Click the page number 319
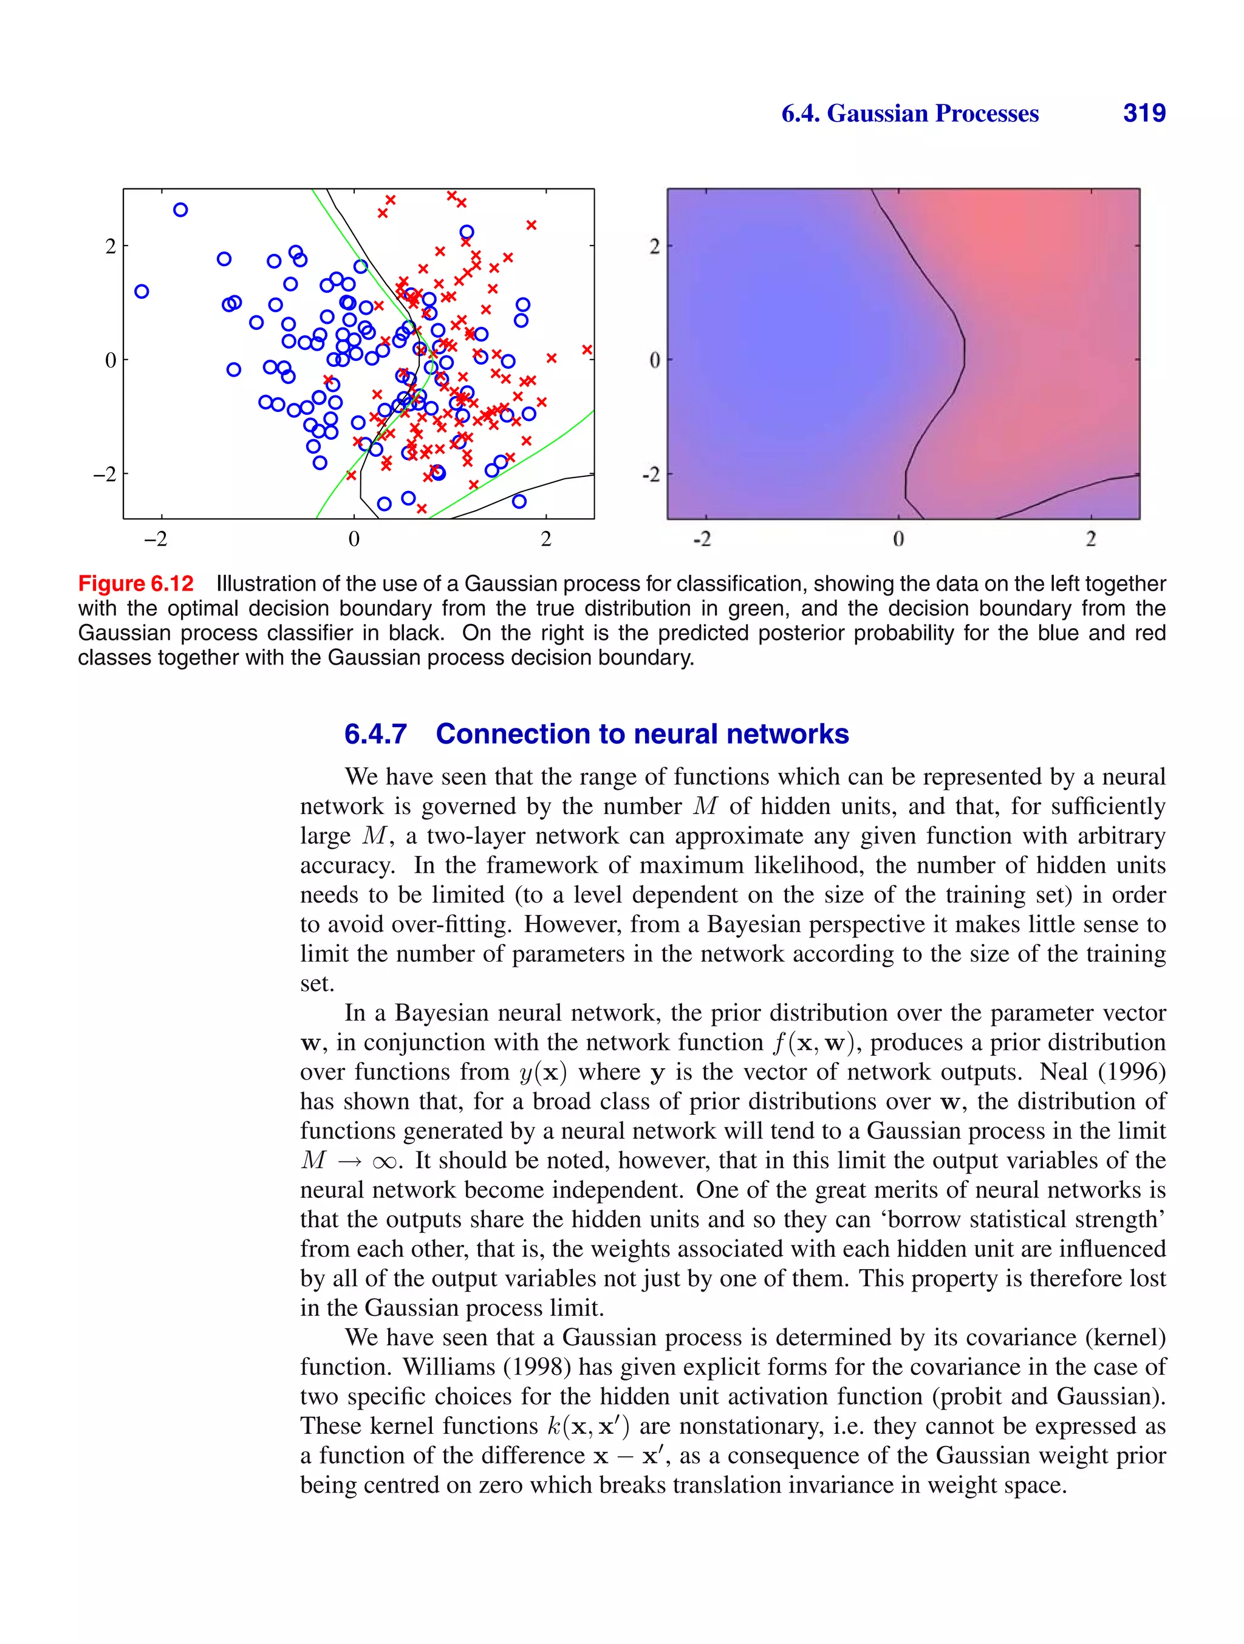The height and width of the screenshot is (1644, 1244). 1144,113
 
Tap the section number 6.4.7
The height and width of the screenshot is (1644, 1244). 375,735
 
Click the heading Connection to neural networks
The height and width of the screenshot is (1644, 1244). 642,735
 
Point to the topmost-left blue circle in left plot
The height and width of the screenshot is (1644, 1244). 180,210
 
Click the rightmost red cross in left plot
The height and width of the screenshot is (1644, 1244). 587,349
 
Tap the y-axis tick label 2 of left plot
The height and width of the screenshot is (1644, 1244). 111,246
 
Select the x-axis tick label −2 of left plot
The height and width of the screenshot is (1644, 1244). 155,539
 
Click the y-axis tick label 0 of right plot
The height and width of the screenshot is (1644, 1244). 655,360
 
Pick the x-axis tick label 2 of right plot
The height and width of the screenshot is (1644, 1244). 1090,539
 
